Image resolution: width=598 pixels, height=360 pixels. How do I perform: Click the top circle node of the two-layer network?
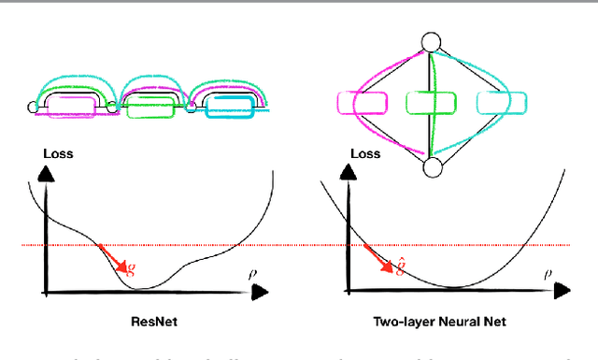tap(431, 42)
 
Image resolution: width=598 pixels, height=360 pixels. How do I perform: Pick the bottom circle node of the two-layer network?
tap(431, 166)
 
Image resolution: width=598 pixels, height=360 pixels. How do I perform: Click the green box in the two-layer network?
tap(431, 103)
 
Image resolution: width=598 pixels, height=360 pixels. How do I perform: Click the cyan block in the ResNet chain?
tap(228, 106)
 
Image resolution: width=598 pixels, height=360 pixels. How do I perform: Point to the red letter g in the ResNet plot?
tap(130, 269)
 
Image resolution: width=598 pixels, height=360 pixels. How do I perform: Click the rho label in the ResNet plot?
tap(251, 274)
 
